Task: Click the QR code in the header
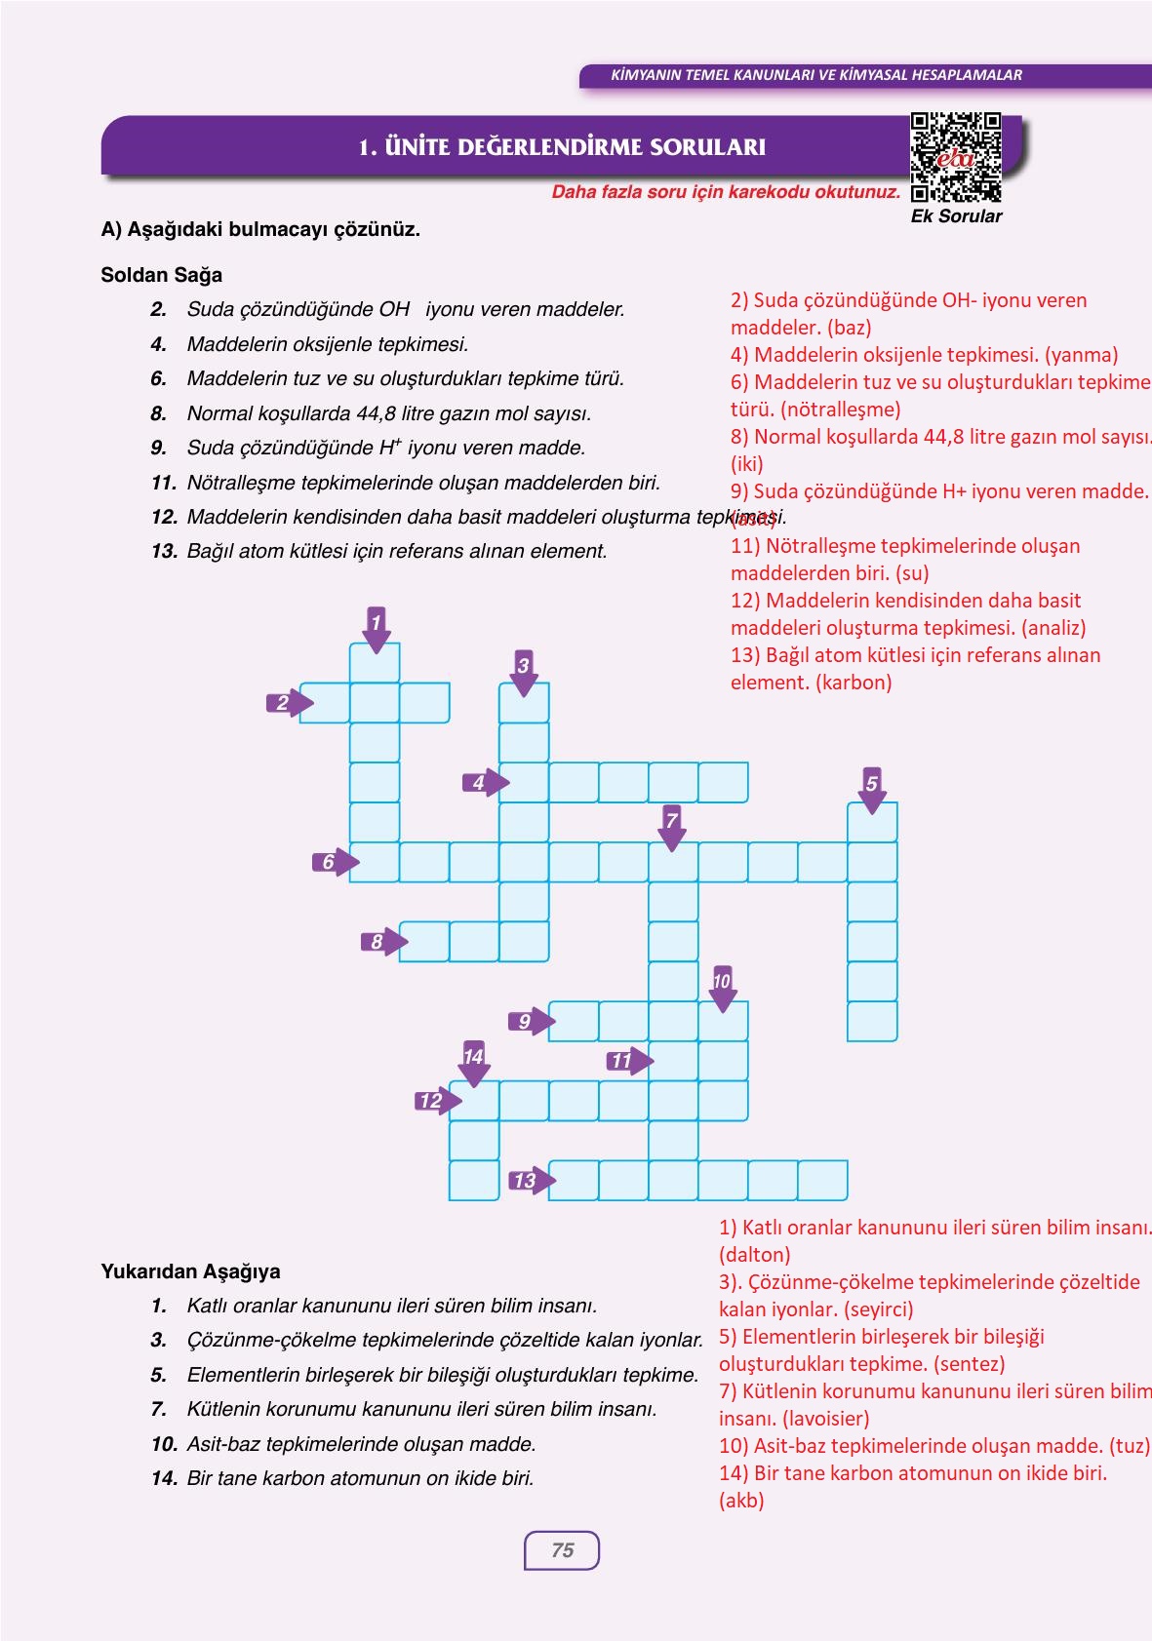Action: coord(956,156)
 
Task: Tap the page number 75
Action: coord(562,1550)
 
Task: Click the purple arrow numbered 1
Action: coord(376,628)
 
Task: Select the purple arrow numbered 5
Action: coord(872,790)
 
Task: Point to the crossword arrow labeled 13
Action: coord(530,1181)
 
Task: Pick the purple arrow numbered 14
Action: coord(473,1064)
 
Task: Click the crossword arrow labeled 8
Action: coord(381,942)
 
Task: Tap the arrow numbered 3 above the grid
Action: coord(524,673)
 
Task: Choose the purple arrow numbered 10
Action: coord(722,989)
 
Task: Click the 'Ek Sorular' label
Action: coord(956,216)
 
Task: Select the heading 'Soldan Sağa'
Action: coord(161,275)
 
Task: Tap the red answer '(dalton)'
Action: coord(754,1255)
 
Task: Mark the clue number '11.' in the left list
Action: coord(163,483)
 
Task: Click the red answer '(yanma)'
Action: coord(1081,355)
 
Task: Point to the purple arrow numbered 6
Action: coord(334,862)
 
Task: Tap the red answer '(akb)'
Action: coord(741,1501)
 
